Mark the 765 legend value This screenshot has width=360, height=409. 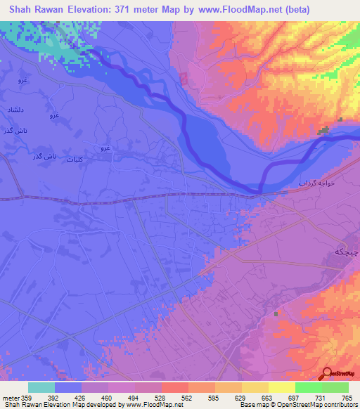point(346,398)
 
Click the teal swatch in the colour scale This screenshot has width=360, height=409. point(41,387)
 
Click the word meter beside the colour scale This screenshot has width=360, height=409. point(11,398)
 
